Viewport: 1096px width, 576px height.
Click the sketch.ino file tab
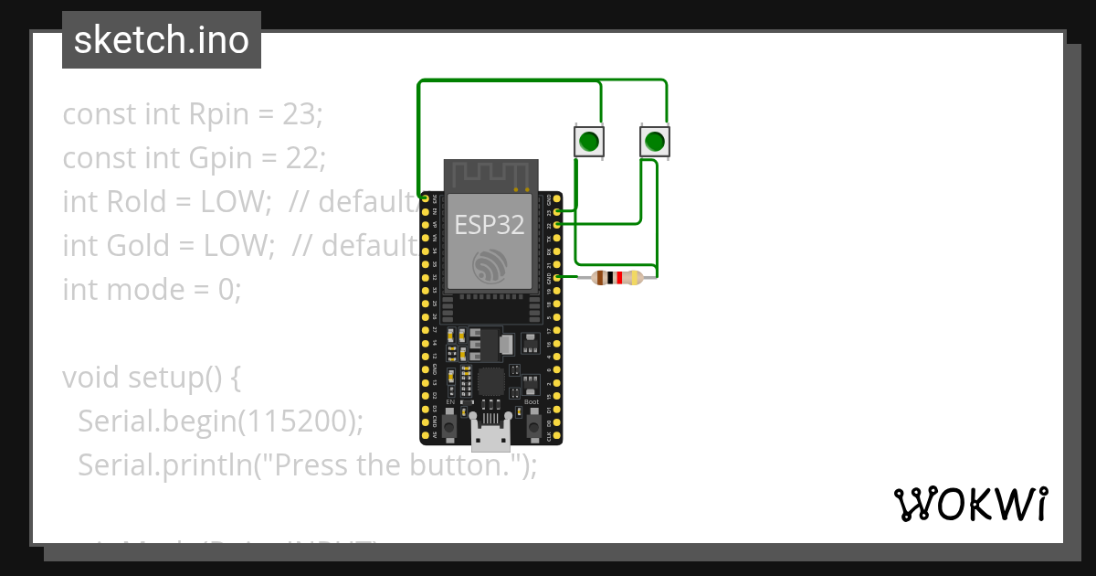pos(161,40)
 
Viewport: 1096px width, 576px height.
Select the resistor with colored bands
pos(616,277)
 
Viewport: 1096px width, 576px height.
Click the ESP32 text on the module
pos(490,224)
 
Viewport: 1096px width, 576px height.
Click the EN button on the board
pos(449,422)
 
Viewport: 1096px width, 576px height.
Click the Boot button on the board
pos(532,422)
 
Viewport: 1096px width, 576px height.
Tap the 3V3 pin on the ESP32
pos(425,197)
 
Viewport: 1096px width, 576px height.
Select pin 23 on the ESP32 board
pos(556,211)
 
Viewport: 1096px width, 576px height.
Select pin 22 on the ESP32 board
pos(556,224)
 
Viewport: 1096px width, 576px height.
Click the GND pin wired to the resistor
pos(556,277)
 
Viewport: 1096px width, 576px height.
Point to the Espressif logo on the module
pos(490,265)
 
